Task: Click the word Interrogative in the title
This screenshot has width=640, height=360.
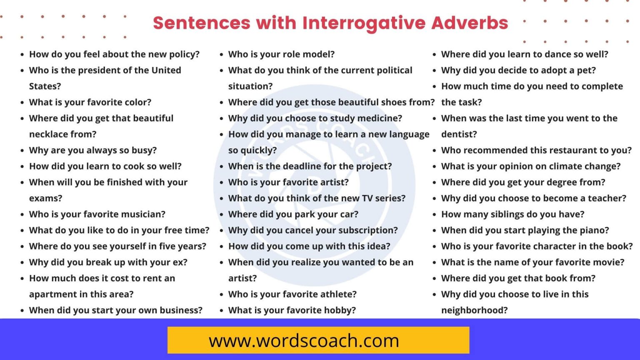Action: tap(364, 23)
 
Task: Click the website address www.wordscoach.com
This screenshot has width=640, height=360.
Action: tap(304, 341)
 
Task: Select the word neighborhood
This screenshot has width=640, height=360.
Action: tap(474, 310)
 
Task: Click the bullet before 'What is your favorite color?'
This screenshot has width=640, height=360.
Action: tap(22, 102)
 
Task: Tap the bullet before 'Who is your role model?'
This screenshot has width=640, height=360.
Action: tap(222, 55)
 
